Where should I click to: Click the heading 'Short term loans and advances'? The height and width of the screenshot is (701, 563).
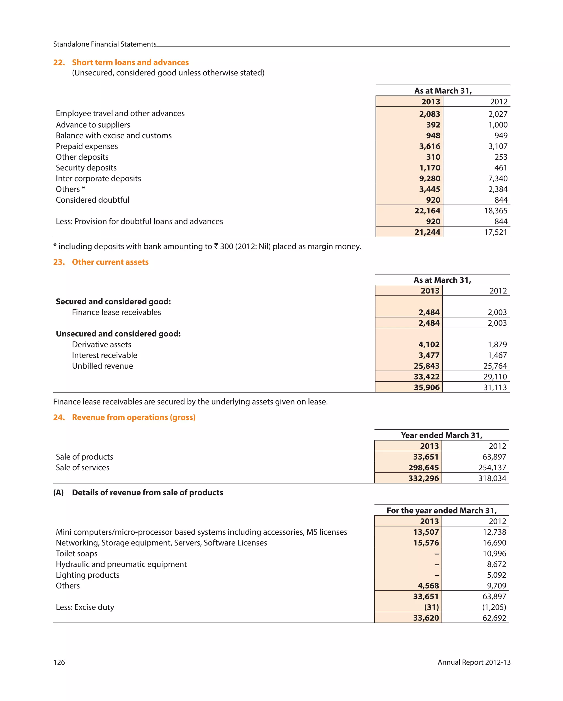130,63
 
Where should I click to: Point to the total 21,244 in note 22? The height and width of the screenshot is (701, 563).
427,232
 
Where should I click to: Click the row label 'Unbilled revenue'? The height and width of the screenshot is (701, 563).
102,366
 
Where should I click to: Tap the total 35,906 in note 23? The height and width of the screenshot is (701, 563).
426,387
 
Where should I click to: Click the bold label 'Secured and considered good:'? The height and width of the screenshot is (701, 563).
113,301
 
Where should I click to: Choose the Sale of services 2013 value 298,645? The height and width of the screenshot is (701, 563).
423,468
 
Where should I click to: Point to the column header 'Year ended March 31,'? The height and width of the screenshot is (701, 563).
441,435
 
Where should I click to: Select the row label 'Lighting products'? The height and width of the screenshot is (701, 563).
87,575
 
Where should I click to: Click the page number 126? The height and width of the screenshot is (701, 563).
59,662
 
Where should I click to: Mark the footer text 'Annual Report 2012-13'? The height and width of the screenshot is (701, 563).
474,662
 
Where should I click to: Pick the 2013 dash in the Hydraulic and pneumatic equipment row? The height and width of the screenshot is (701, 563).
437,564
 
